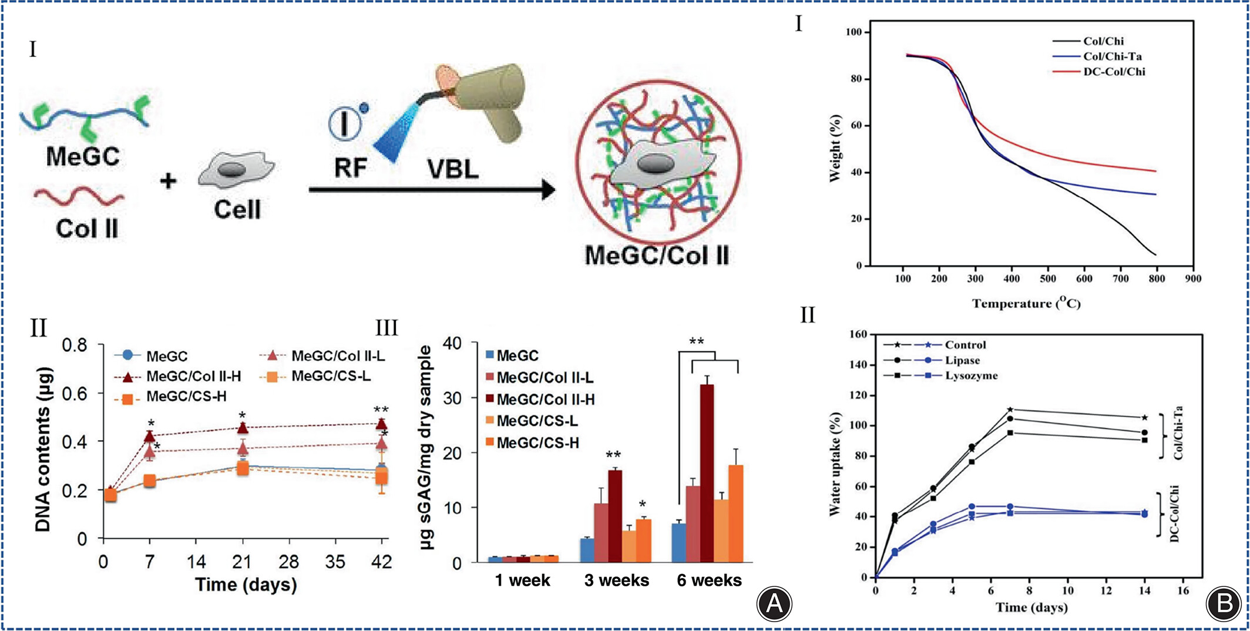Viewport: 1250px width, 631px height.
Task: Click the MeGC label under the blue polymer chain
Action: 83,157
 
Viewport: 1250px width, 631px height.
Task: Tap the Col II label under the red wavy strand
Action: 87,229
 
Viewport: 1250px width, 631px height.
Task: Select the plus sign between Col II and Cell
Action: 169,180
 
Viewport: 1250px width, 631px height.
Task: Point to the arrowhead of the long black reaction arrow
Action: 549,189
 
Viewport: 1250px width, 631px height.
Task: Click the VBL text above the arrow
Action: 453,169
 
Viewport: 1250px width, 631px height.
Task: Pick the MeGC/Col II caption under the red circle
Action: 657,256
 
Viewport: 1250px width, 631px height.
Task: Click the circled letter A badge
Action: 774,603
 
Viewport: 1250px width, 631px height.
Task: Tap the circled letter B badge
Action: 1224,603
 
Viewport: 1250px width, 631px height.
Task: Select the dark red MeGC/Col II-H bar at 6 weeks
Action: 707,474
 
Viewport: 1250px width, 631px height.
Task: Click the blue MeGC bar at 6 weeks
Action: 678,543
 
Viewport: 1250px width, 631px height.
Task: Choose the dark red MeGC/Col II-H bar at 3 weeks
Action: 615,516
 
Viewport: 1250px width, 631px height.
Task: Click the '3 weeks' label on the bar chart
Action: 616,580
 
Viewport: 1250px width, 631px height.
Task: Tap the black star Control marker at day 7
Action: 1010,410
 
